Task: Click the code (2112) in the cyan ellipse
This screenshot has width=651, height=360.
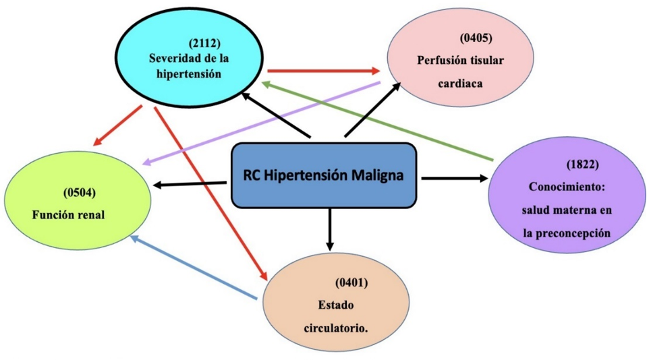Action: [x=204, y=43]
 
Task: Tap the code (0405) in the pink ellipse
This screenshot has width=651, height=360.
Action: [x=476, y=38]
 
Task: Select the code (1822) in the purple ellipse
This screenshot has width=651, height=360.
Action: [x=582, y=164]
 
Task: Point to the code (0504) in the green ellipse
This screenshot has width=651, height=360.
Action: [x=80, y=192]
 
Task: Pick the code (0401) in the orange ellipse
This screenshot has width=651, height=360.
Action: [x=351, y=283]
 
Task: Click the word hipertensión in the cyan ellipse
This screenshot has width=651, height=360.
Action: [x=189, y=74]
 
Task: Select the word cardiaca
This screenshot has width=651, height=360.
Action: [x=461, y=84]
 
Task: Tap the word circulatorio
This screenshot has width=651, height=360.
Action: [x=336, y=329]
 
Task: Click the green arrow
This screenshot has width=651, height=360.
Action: [x=377, y=121]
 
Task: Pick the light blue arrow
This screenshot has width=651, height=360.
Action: [x=194, y=268]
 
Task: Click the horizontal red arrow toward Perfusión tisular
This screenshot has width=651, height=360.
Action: [x=323, y=71]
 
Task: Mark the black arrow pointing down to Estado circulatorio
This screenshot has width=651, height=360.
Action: [x=330, y=229]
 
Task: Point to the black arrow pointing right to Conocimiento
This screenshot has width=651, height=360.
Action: [x=455, y=179]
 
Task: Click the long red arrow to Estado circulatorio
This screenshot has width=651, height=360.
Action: [x=211, y=193]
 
